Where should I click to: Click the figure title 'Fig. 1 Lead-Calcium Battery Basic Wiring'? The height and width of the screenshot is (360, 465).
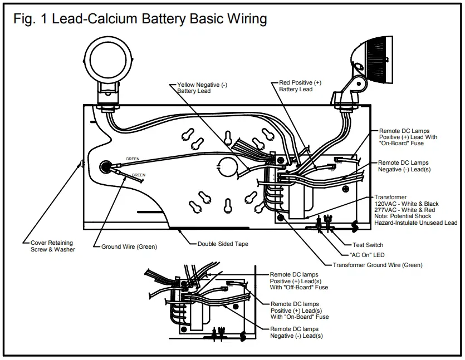[x=140, y=18]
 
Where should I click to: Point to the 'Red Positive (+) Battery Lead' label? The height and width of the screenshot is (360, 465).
[x=300, y=86]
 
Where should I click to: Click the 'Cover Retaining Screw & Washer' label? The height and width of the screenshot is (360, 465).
[x=53, y=246]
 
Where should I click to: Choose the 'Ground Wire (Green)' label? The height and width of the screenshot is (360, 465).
[x=129, y=246]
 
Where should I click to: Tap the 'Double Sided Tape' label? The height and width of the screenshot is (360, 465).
[x=223, y=244]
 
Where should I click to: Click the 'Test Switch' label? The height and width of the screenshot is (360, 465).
[x=368, y=245]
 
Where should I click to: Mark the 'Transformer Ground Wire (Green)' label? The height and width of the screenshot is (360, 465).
[x=378, y=265]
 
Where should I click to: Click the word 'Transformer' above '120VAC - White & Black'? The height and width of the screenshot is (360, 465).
[x=390, y=198]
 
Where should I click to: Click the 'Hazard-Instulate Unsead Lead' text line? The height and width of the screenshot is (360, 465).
[x=415, y=223]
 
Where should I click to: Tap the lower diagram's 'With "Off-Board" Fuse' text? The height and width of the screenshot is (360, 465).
[x=299, y=288]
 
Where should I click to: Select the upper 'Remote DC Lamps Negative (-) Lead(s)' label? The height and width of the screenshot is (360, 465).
[x=404, y=166]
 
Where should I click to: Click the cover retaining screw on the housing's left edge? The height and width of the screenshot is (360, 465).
[x=82, y=164]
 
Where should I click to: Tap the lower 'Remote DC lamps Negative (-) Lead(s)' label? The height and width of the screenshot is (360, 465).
[x=296, y=333]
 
